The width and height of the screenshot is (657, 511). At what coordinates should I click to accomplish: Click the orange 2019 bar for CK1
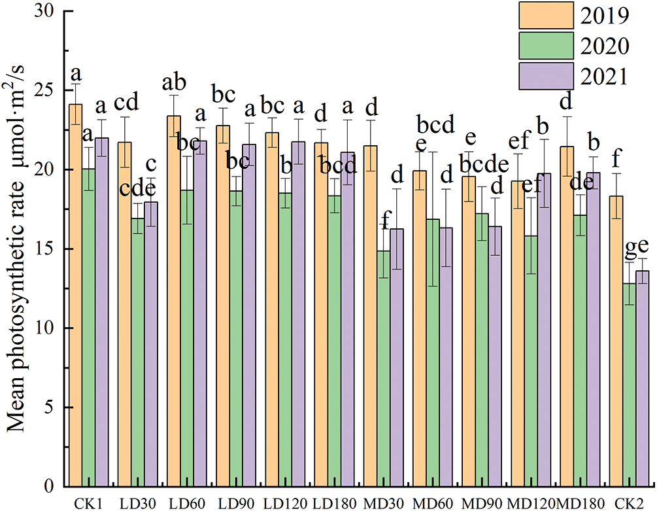coord(76,294)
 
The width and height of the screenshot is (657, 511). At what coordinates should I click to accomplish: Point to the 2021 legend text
coord(605,77)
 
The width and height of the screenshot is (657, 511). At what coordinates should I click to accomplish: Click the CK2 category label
coord(628,503)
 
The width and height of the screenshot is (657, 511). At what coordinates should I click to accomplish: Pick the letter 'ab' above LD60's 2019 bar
coord(174,83)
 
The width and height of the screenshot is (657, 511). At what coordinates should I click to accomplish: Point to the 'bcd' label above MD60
coord(435,124)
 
